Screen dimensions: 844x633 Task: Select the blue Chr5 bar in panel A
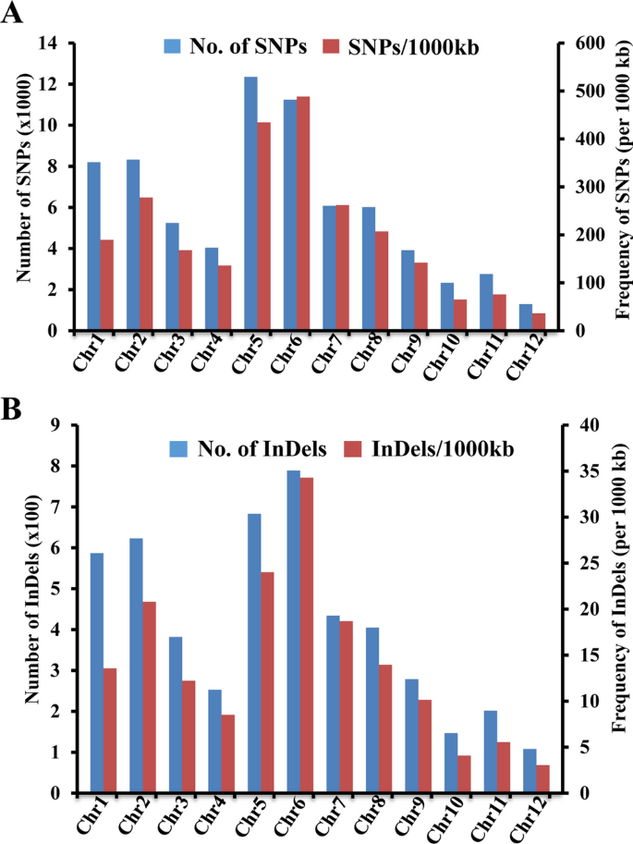[x=250, y=203]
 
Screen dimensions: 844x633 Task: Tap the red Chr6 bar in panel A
[x=302, y=214]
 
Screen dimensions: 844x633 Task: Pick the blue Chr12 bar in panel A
[x=526, y=317]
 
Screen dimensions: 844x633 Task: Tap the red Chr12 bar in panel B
[x=542, y=778]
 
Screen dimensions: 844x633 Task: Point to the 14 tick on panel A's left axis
[x=48, y=43]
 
